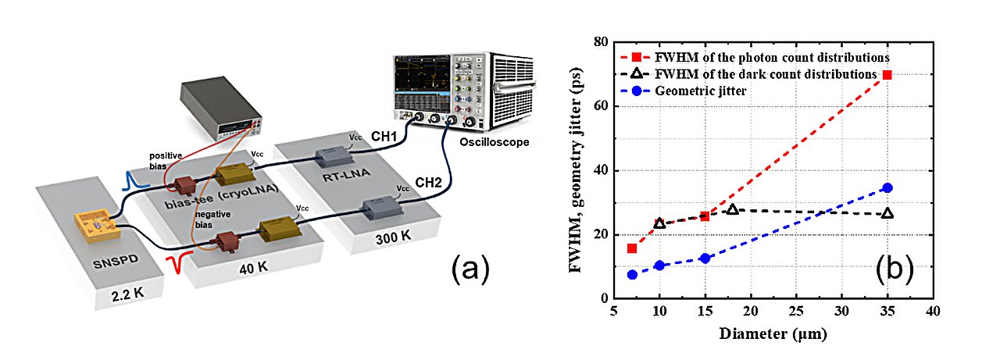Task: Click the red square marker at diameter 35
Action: click(x=887, y=74)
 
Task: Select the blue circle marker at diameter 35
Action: click(x=887, y=187)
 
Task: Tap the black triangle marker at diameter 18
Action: click(x=732, y=209)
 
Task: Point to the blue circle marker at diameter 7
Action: click(x=632, y=274)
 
